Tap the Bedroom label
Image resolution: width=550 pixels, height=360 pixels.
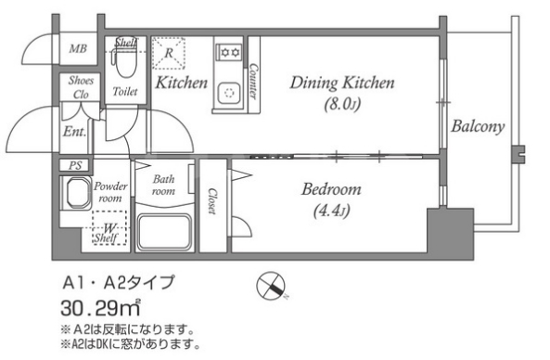tap(331, 190)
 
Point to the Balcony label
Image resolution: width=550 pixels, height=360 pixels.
tap(478, 127)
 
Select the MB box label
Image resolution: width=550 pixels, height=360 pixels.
tap(75, 50)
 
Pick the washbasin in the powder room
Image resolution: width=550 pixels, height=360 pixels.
tap(74, 193)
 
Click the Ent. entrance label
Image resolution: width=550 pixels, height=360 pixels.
tap(75, 132)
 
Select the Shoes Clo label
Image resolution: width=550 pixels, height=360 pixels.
tap(78, 86)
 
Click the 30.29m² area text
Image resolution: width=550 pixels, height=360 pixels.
tap(99, 307)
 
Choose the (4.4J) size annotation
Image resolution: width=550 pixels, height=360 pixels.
tap(331, 211)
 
